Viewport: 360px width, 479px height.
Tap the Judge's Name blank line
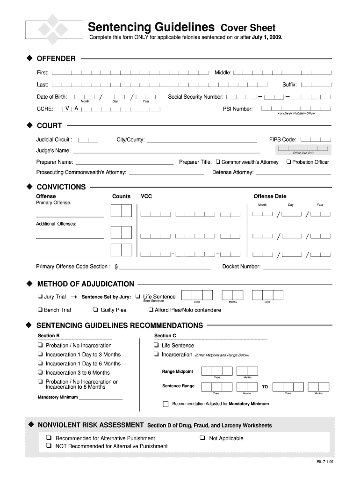click(166, 151)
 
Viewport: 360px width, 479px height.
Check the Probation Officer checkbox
click(288, 162)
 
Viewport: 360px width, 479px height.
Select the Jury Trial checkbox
click(40, 297)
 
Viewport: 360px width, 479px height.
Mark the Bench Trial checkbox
click(40, 310)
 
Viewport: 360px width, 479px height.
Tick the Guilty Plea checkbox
click(95, 310)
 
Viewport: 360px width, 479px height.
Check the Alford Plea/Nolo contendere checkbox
click(151, 310)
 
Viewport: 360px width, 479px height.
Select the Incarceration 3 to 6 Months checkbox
click(41, 372)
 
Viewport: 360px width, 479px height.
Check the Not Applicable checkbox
click(202, 438)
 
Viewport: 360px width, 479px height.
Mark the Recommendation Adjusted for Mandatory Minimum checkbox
click(166, 404)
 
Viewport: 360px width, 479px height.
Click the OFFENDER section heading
click(56, 58)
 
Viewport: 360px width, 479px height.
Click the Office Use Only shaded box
click(303, 149)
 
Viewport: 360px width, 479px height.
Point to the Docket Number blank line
click(297, 267)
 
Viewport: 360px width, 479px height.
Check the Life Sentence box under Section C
click(155, 345)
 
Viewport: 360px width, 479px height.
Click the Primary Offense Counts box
click(121, 211)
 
